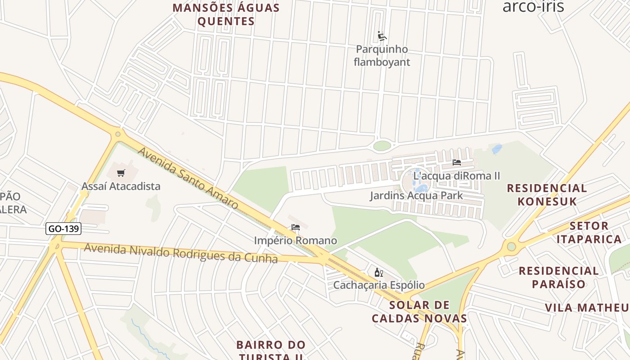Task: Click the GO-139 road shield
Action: tap(63, 229)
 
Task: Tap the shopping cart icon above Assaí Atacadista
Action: tap(121, 173)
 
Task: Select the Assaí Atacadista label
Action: tap(121, 186)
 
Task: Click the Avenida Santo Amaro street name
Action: tap(188, 178)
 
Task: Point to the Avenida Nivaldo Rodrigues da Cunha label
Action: tap(180, 252)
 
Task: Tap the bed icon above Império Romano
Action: tap(296, 227)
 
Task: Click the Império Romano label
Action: tap(296, 240)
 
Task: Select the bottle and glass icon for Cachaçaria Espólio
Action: tap(378, 272)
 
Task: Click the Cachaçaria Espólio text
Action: tap(378, 285)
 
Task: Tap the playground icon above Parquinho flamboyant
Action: tap(382, 36)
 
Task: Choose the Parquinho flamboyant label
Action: tap(382, 55)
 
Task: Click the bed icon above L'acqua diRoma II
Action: tap(457, 162)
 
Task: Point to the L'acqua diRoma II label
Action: tap(456, 175)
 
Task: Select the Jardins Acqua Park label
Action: tap(416, 196)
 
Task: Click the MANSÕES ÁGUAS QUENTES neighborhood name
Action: tap(226, 14)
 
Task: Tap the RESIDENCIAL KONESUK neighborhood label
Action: tap(547, 194)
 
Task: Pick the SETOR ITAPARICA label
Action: tap(589, 232)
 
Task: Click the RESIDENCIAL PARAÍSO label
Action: tap(559, 277)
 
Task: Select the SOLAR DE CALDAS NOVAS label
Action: tap(419, 311)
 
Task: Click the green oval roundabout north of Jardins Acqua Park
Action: tap(382, 146)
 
